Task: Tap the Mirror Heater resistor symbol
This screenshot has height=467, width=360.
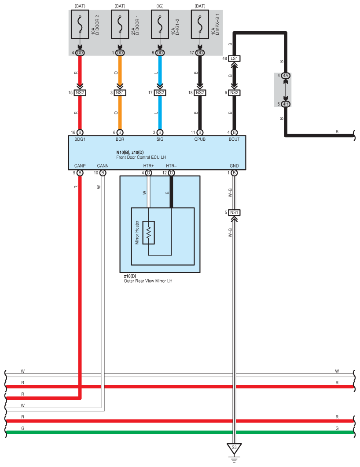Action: (x=149, y=232)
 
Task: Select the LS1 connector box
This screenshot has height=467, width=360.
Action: (x=234, y=58)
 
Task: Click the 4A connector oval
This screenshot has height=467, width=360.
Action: (x=286, y=76)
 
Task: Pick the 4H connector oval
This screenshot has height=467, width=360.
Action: (x=286, y=104)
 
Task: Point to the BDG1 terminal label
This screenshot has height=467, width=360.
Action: (x=80, y=139)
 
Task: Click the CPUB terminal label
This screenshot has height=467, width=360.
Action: (x=200, y=139)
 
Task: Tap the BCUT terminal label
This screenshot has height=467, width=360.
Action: (x=234, y=139)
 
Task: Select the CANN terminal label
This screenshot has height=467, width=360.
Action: (x=103, y=166)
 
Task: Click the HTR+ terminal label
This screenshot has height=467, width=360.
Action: (x=148, y=166)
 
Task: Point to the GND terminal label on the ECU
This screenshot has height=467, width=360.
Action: (x=234, y=166)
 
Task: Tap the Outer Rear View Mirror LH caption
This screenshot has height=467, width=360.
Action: (x=148, y=280)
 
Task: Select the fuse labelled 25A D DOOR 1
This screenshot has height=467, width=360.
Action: (x=120, y=26)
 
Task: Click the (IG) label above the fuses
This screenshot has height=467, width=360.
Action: (x=160, y=6)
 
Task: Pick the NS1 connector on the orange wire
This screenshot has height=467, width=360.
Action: (x=120, y=93)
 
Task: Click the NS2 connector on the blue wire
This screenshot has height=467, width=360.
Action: (x=160, y=93)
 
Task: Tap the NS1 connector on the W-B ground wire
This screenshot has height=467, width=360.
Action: (x=234, y=213)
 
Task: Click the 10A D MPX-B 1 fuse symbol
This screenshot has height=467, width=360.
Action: (x=200, y=26)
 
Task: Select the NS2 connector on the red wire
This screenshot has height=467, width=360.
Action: (x=80, y=93)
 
